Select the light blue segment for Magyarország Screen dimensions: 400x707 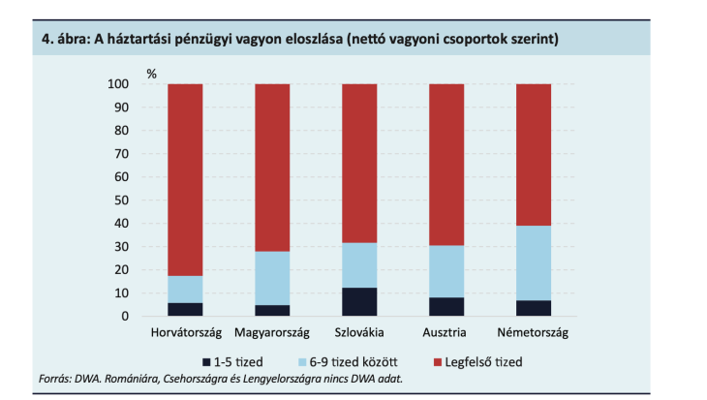pyautogui.click(x=272, y=278)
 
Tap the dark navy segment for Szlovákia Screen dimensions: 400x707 pyautogui.click(x=359, y=301)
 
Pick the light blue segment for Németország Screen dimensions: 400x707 pyautogui.click(x=533, y=262)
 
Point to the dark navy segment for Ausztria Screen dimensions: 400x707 pyautogui.click(x=446, y=306)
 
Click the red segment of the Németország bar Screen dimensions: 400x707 pyautogui.click(x=533, y=155)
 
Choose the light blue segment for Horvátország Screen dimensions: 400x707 pyautogui.click(x=185, y=289)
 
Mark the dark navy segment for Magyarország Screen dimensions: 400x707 pyautogui.click(x=272, y=310)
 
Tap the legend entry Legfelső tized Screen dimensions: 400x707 pyautogui.click(x=481, y=361)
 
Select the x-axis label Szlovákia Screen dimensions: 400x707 pyautogui.click(x=359, y=333)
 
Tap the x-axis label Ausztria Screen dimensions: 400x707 pyautogui.click(x=446, y=333)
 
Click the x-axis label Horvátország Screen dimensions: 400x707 pyautogui.click(x=185, y=333)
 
